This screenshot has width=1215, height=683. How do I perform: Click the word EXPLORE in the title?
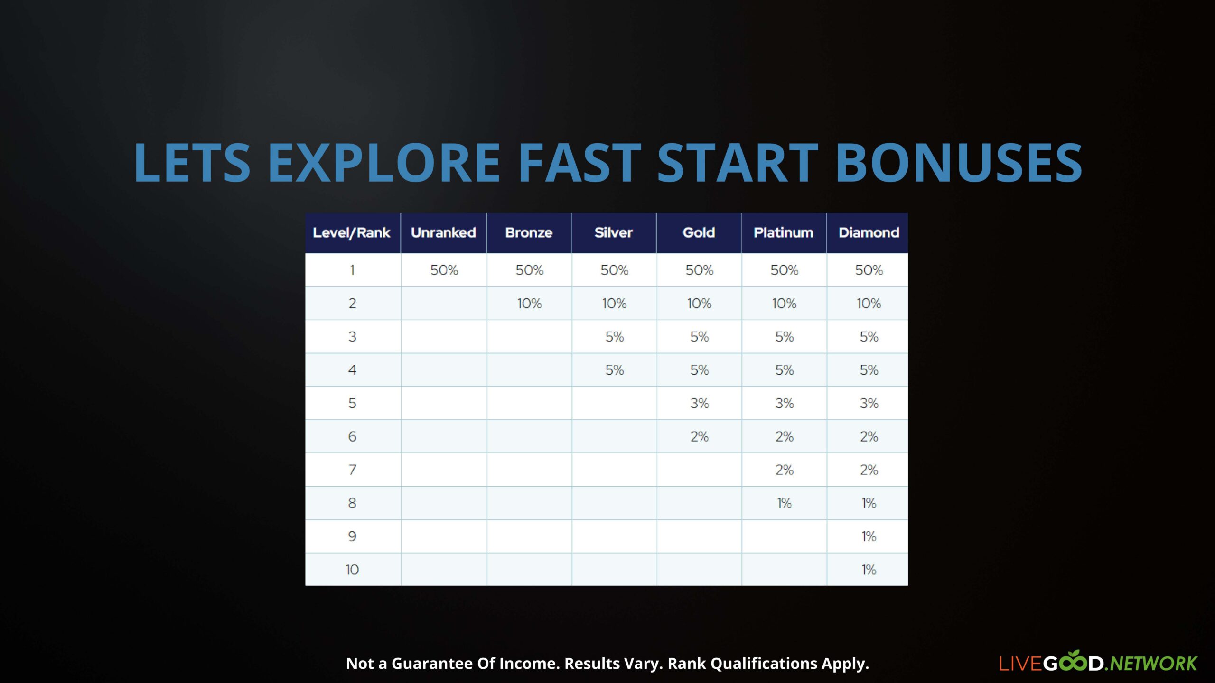tap(384, 163)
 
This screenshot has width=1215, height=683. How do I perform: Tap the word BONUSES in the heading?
tap(958, 163)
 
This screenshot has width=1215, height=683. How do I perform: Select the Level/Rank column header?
tap(352, 232)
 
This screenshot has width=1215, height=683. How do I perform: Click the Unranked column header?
tap(443, 232)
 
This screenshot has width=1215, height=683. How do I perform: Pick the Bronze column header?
tap(529, 232)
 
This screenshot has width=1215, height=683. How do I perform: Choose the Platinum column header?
tap(784, 232)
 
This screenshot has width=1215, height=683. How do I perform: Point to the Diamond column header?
tap(869, 232)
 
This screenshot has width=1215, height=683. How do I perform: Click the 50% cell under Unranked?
tap(444, 270)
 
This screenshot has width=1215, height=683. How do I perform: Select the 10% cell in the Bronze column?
tap(529, 303)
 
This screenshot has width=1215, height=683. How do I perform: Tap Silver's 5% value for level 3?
tap(615, 337)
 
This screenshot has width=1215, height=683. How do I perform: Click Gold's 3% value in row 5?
tap(700, 403)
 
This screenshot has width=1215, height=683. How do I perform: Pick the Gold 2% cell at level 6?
tap(700, 436)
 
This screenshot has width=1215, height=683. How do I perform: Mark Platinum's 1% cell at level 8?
tap(784, 503)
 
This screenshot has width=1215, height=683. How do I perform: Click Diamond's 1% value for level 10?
tap(869, 570)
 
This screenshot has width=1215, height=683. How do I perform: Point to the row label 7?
tap(352, 470)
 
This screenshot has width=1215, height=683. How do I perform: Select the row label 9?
tap(352, 536)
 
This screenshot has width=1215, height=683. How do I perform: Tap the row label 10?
tap(352, 570)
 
